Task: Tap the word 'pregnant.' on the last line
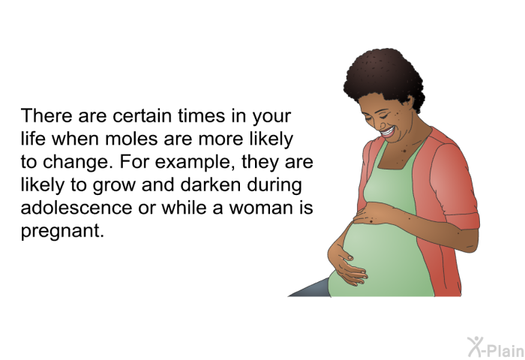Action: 62,232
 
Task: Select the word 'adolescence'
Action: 76,207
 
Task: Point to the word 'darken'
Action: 211,184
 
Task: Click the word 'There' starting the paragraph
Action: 46,115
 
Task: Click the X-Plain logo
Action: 496,347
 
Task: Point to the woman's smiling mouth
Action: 388,132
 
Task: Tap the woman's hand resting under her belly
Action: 347,264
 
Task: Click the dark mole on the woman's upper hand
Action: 371,220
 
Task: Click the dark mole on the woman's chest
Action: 403,151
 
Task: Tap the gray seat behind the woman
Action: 310,288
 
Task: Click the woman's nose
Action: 381,124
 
